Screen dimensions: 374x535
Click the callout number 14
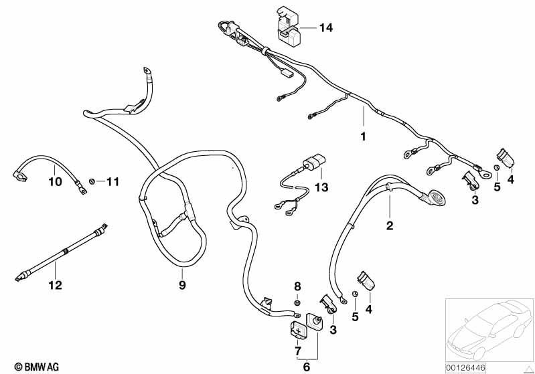pos(325,28)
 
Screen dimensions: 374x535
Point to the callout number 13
pos(323,188)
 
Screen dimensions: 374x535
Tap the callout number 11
pos(112,181)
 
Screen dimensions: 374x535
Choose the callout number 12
pos(54,285)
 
